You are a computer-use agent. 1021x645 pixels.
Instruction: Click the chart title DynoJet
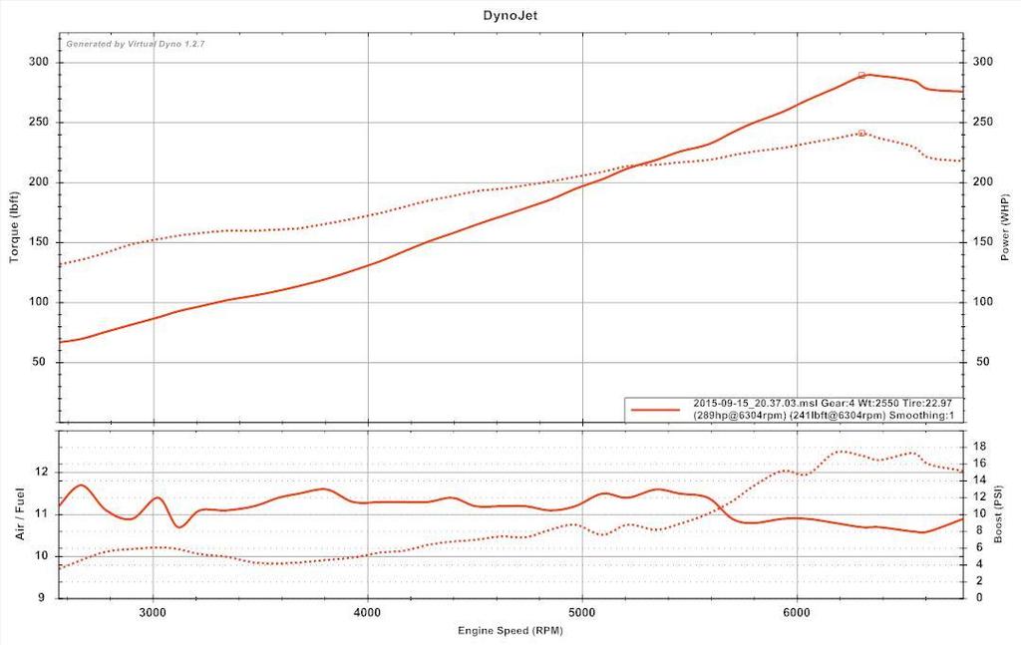pos(510,15)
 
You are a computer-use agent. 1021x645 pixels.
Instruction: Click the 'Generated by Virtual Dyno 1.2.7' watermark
pos(136,44)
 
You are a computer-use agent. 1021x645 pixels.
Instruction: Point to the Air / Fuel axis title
pos(19,514)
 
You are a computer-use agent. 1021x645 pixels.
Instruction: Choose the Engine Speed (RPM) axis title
pos(510,631)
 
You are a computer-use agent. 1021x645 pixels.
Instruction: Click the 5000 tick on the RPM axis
pos(582,611)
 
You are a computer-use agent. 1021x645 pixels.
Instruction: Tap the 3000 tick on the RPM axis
pos(154,611)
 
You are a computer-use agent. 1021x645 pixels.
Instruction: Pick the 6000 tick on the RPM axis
pos(797,611)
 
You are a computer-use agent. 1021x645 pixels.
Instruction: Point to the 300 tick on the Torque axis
pos(39,62)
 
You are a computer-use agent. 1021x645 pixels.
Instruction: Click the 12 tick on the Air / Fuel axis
pos(43,472)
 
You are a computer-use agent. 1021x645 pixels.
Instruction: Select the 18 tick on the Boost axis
pos(980,447)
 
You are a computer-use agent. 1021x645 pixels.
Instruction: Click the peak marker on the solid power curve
pos(862,75)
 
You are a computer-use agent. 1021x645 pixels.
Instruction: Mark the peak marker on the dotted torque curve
pos(861,133)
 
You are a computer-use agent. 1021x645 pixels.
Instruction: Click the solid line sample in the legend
pos(656,409)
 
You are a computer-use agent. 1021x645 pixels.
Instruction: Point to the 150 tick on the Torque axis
pos(39,242)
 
